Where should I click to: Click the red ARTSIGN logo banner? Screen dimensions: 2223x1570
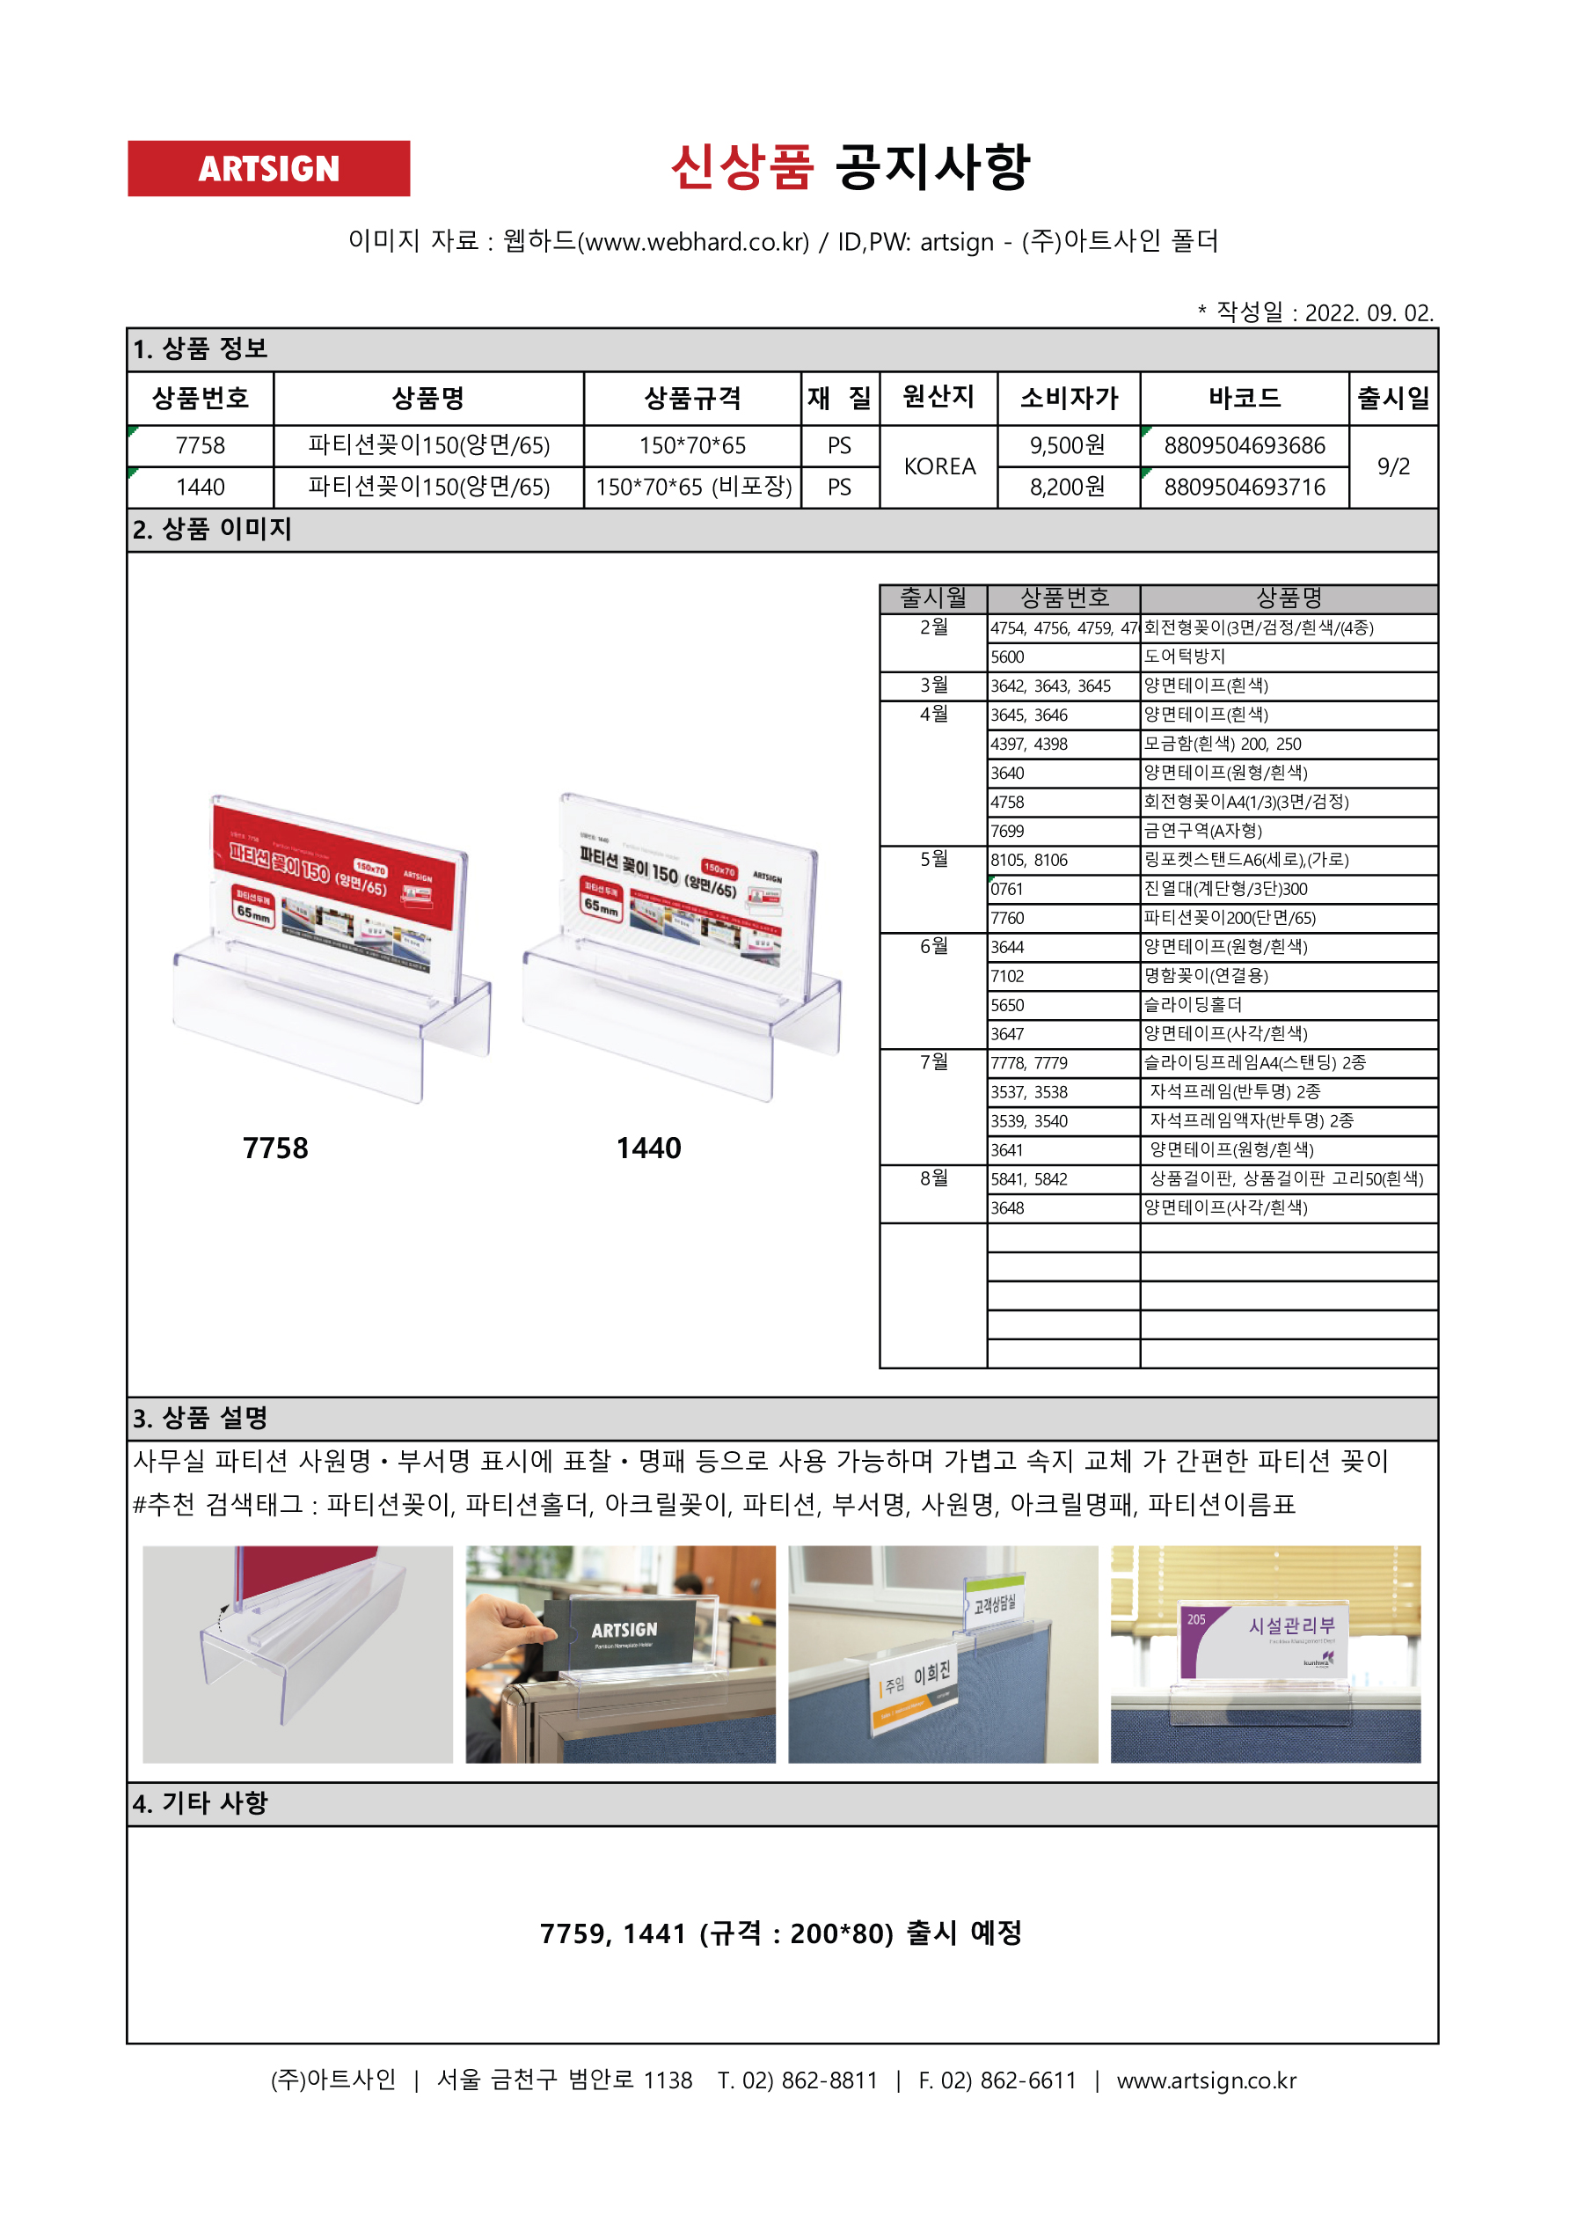268,168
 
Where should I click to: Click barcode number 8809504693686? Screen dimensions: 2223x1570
1244,445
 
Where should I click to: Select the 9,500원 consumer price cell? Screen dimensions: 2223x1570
1067,445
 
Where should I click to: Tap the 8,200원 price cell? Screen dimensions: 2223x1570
1067,487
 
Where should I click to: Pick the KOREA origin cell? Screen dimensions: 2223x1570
938,466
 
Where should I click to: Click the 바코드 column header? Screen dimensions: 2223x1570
1244,398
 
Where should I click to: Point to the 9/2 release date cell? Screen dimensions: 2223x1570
1393,466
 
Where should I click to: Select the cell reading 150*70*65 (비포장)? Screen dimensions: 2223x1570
693,487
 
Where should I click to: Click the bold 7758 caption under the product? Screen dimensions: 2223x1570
275,1148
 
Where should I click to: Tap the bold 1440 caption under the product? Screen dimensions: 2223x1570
648,1148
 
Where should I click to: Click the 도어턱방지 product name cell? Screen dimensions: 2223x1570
1185,657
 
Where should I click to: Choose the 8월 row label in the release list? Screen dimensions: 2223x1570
933,1178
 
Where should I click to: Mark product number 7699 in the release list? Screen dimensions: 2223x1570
1007,831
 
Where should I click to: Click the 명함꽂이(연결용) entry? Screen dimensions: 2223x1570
1206,976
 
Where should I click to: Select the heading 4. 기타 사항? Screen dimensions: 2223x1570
201,1803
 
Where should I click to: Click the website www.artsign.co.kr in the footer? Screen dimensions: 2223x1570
1206,2080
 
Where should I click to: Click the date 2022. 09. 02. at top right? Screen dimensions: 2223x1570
1369,312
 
